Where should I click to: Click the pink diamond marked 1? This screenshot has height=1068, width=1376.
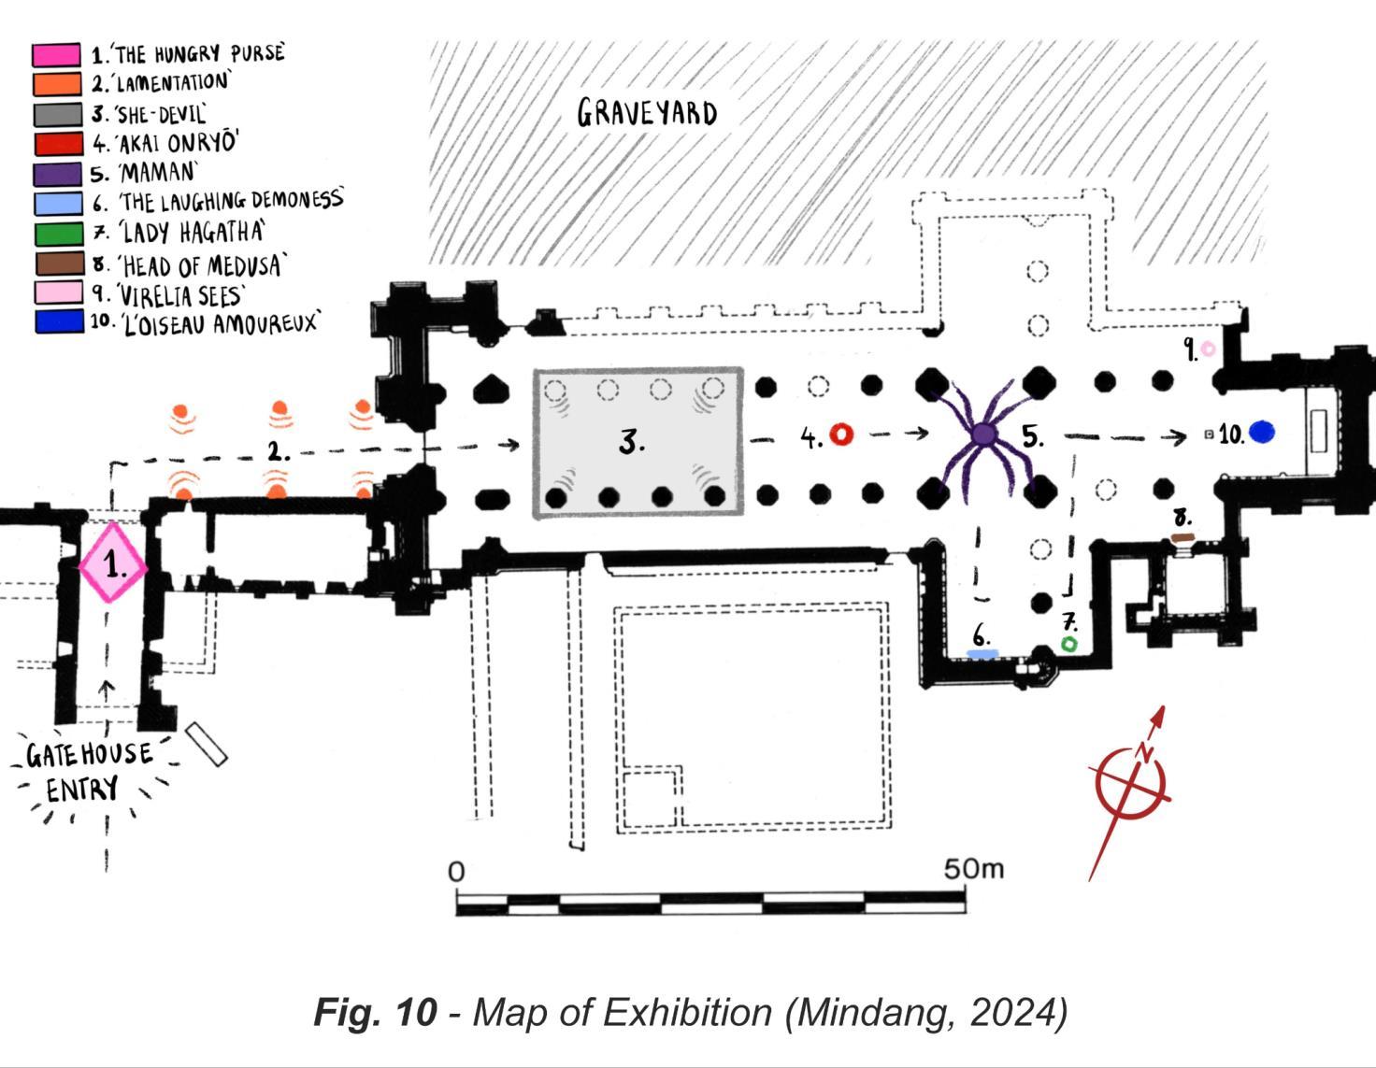pyautogui.click(x=112, y=563)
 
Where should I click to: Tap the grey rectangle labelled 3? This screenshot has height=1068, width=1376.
pyautogui.click(x=639, y=442)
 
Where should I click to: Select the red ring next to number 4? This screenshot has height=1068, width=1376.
pyautogui.click(x=841, y=434)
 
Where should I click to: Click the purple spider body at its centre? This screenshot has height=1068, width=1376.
pyautogui.click(x=982, y=434)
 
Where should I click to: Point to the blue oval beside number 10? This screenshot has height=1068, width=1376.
pyautogui.click(x=1261, y=433)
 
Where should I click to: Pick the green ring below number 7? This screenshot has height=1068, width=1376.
pyautogui.click(x=1068, y=644)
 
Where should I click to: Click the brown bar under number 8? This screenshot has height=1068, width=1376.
pyautogui.click(x=1182, y=537)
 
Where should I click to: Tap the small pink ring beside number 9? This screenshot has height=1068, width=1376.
pyautogui.click(x=1208, y=349)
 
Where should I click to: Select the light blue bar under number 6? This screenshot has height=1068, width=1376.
pyautogui.click(x=982, y=654)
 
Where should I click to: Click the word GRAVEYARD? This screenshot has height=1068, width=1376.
pyautogui.click(x=647, y=113)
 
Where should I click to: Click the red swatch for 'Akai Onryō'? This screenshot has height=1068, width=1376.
pyautogui.click(x=58, y=144)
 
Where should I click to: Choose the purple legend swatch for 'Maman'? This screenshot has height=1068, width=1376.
pyautogui.click(x=58, y=174)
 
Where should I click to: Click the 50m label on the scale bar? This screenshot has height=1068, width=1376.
pyautogui.click(x=973, y=869)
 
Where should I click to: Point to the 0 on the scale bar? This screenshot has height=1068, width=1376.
pyautogui.click(x=456, y=872)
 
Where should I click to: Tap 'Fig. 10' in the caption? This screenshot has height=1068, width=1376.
pyautogui.click(x=375, y=1012)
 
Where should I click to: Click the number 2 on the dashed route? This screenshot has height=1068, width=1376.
pyautogui.click(x=278, y=452)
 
